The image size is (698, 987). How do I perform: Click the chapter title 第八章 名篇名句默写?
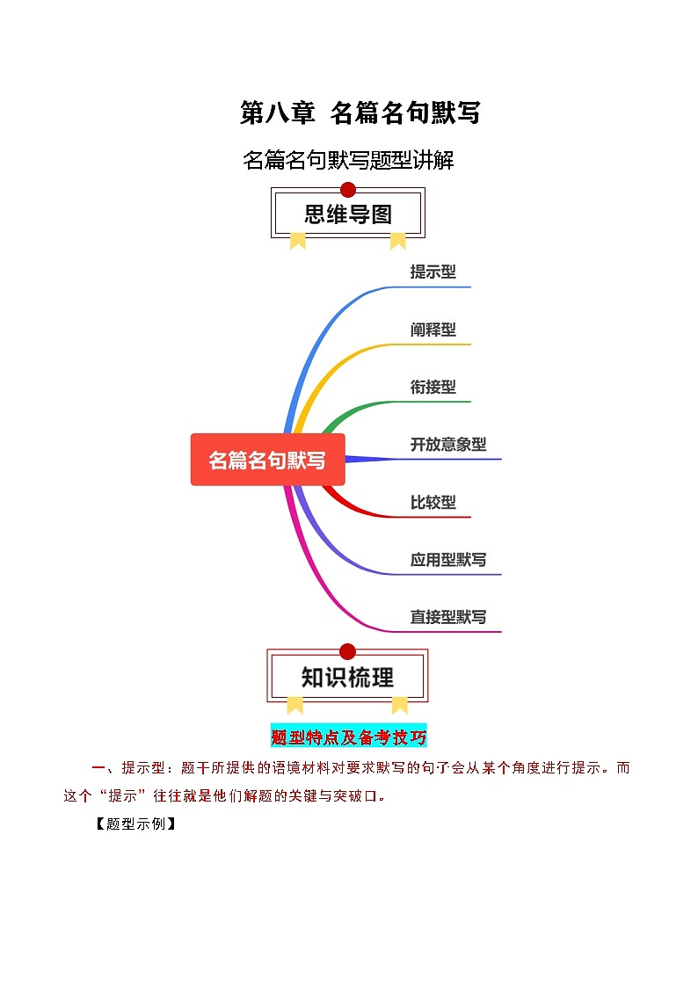pyautogui.click(x=360, y=112)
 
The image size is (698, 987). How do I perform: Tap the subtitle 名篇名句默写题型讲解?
pyautogui.click(x=348, y=161)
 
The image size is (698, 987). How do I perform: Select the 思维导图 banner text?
pyautogui.click(x=348, y=214)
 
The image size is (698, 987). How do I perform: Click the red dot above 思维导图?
pyautogui.click(x=348, y=189)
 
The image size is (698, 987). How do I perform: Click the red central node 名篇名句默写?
pyautogui.click(x=267, y=460)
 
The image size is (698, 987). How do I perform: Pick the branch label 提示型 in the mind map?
pyautogui.click(x=433, y=272)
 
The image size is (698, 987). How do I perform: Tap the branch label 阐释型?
pyautogui.click(x=433, y=330)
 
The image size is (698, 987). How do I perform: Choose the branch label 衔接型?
pyautogui.click(x=433, y=387)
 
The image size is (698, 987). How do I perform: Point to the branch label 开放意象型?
pyautogui.click(x=448, y=445)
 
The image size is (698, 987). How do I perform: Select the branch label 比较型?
pyautogui.click(x=433, y=502)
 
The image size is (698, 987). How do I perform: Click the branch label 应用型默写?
pyautogui.click(x=448, y=560)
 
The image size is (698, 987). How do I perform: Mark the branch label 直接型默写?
pyautogui.click(x=448, y=617)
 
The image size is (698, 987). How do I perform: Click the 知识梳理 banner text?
pyautogui.click(x=348, y=678)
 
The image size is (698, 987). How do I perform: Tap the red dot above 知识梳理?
pyautogui.click(x=347, y=651)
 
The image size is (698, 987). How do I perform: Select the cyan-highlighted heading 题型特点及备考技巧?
pyautogui.click(x=349, y=737)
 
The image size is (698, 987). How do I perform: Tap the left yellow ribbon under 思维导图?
pyautogui.click(x=297, y=240)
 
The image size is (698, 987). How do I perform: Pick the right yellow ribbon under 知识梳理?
pyautogui.click(x=400, y=704)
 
